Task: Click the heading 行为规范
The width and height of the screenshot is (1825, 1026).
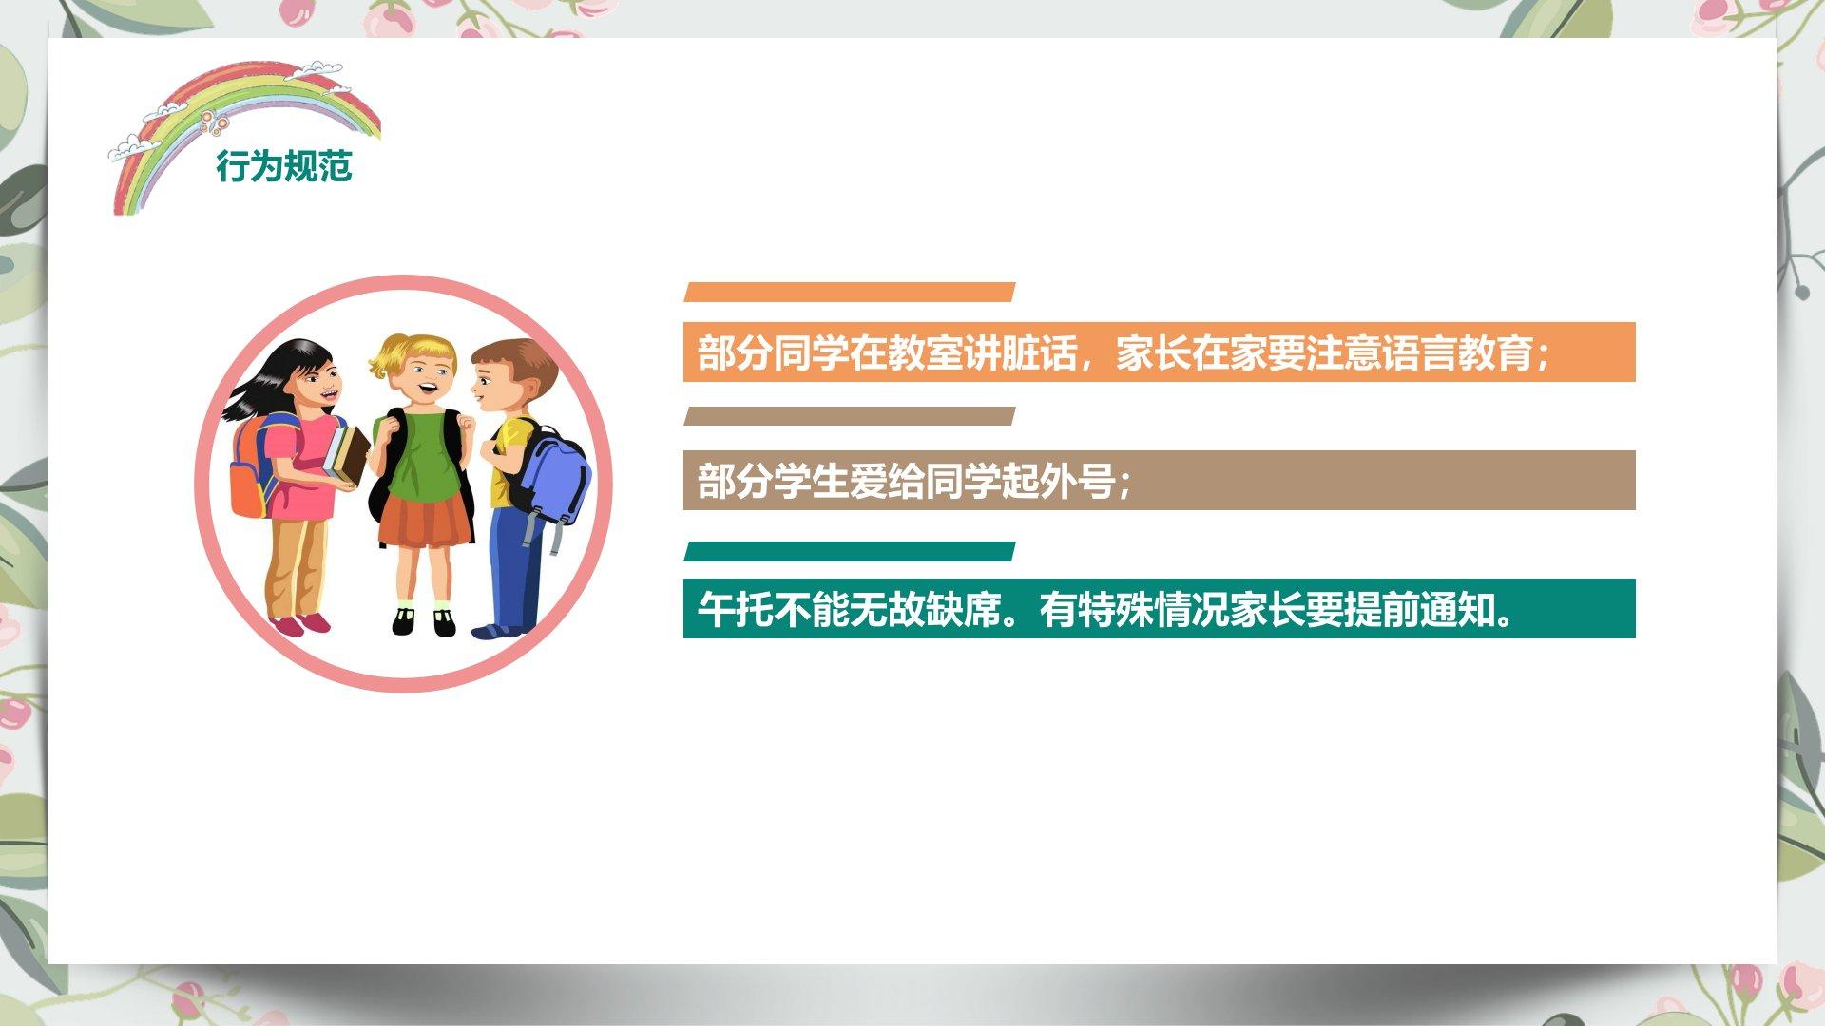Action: [x=284, y=166]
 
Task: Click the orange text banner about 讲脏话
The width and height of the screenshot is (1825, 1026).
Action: [x=1159, y=352]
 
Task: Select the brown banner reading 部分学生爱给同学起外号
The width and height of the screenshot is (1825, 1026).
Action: [x=1159, y=481]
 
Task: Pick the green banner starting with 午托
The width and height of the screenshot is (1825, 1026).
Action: [x=1159, y=609]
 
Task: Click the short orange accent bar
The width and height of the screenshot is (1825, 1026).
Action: [x=850, y=293]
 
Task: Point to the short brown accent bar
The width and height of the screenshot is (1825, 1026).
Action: [x=850, y=416]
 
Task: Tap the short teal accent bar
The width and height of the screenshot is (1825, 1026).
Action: [x=850, y=552]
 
